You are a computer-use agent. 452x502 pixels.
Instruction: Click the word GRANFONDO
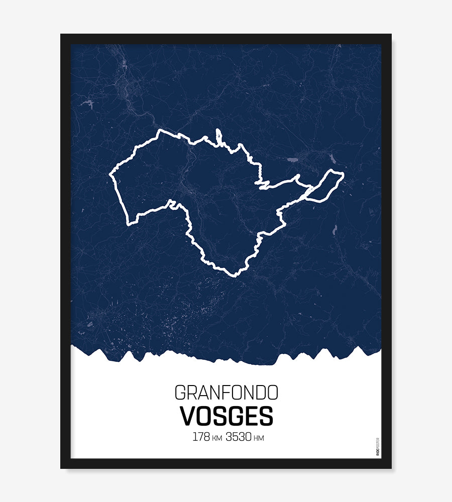coord(226,393)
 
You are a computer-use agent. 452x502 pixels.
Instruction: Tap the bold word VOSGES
coord(226,416)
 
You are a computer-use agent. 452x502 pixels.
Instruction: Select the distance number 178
coord(201,437)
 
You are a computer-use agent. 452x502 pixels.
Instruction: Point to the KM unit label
coord(217,438)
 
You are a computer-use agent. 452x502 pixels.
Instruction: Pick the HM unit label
coord(259,438)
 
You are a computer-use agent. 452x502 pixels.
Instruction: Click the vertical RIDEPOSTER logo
coord(378,447)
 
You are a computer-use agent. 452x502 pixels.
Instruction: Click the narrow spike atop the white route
coord(218,134)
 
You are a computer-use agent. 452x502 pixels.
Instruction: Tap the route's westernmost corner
coord(110,176)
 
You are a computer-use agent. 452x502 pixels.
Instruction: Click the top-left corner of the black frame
coord(62,35)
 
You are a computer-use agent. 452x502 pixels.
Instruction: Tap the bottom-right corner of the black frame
coord(390,467)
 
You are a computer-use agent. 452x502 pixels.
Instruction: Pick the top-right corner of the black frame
coord(390,35)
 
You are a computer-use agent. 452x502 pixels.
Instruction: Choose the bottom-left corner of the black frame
coord(62,467)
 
